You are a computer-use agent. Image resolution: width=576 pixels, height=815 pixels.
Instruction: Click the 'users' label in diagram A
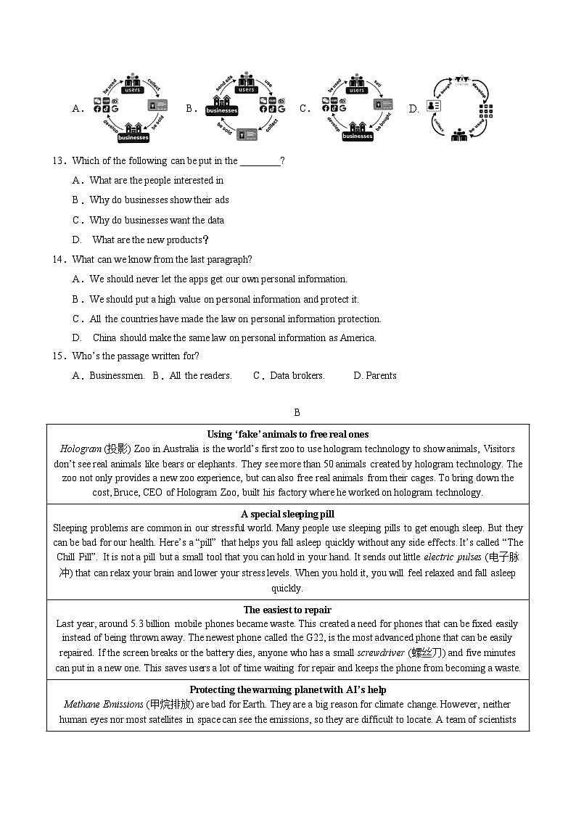click(x=133, y=89)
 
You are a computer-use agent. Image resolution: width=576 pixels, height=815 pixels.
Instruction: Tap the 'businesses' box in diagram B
click(x=222, y=111)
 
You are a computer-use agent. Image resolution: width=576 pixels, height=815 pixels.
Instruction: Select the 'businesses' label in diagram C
click(x=358, y=136)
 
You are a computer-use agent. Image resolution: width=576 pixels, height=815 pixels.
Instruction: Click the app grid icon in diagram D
click(x=486, y=111)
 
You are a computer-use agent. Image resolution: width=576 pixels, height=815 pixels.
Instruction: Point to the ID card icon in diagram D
click(x=434, y=105)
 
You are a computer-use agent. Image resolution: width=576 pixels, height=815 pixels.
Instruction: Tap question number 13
click(x=59, y=161)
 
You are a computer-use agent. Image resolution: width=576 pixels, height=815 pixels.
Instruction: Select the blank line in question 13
click(x=260, y=161)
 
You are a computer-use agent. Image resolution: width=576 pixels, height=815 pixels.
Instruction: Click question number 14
click(x=59, y=260)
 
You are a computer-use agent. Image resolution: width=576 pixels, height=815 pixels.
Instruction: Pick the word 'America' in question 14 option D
click(x=358, y=337)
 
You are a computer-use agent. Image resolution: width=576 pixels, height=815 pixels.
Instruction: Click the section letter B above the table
click(x=297, y=413)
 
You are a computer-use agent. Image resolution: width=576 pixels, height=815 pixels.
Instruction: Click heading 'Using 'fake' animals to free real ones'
click(x=288, y=435)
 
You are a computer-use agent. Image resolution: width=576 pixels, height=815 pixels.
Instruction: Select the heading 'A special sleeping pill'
click(x=287, y=515)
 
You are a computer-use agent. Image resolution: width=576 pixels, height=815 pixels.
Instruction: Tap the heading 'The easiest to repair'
click(x=287, y=610)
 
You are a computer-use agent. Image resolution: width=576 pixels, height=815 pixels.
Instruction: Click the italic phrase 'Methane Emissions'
click(x=103, y=705)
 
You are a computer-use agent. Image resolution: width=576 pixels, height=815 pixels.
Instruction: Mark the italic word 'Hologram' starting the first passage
click(x=81, y=449)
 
